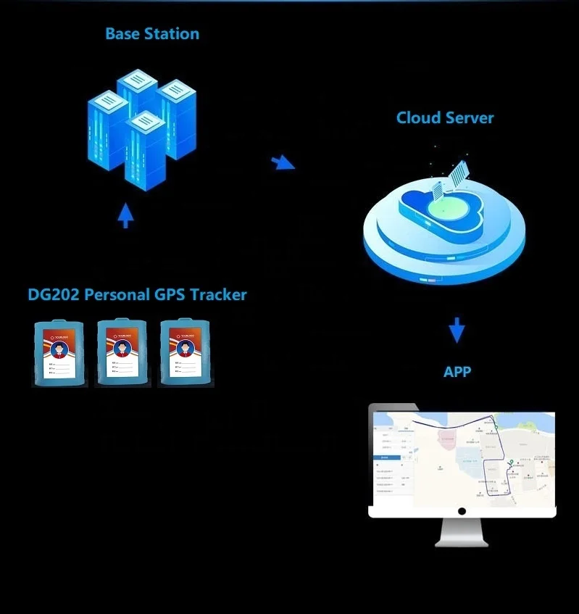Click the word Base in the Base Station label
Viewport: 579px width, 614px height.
click(x=123, y=34)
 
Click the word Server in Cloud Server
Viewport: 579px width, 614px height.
click(x=470, y=117)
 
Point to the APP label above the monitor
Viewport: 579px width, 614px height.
click(x=457, y=372)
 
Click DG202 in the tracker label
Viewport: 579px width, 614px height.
click(x=54, y=294)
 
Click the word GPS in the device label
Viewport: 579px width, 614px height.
click(x=170, y=294)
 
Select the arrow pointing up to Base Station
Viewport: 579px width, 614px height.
click(x=125, y=215)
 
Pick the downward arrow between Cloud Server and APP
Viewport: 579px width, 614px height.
click(x=457, y=331)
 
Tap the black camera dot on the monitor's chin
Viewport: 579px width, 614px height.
click(x=462, y=511)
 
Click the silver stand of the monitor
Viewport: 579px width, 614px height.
click(x=462, y=533)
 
